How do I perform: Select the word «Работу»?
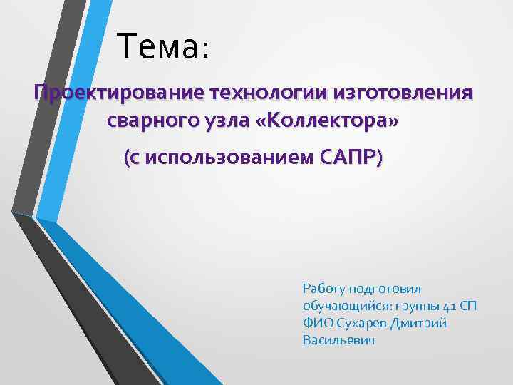click(324, 289)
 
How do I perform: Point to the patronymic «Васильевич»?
click(338, 340)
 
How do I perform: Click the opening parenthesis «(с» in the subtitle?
click(131, 158)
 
